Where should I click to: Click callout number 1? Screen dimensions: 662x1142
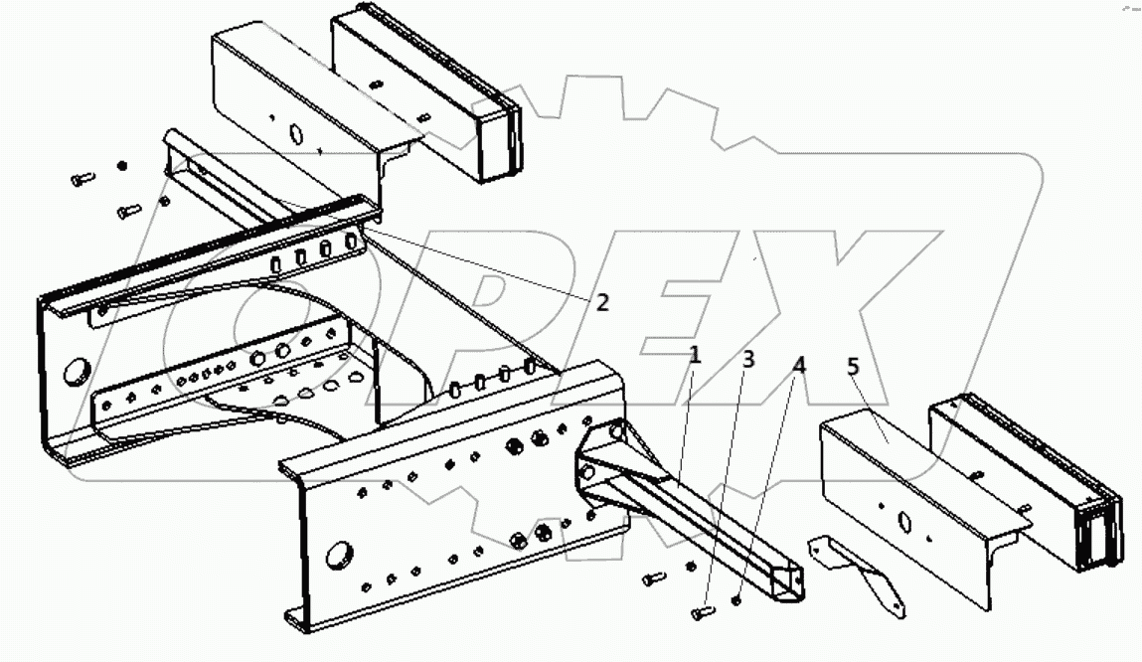(x=695, y=355)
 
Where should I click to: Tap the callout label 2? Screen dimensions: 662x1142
(x=602, y=302)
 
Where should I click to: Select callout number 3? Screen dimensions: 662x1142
(x=748, y=359)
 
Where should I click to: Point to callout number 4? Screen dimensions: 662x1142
(x=798, y=365)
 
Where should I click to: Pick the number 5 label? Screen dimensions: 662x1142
(x=853, y=368)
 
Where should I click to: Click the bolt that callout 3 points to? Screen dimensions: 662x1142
(x=703, y=612)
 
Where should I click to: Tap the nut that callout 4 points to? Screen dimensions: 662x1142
(x=735, y=599)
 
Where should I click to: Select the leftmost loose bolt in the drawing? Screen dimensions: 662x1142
(x=82, y=179)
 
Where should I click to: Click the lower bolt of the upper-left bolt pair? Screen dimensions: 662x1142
(x=128, y=211)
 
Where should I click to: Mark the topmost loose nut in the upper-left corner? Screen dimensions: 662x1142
(x=122, y=165)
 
